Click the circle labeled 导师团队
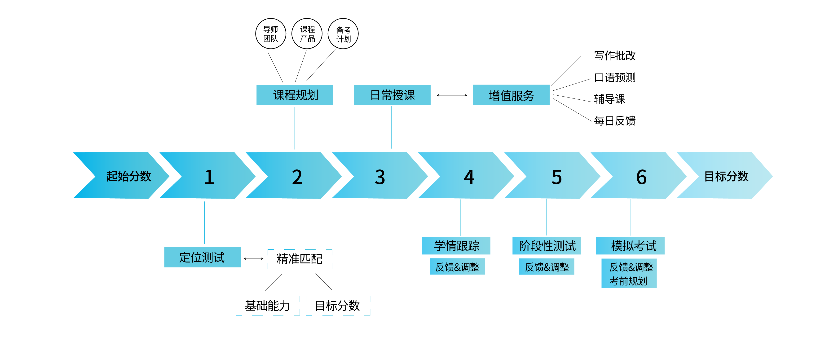(x=271, y=34)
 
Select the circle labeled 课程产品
(x=307, y=34)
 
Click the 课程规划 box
(x=295, y=95)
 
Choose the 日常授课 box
(x=392, y=95)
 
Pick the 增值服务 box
(x=511, y=95)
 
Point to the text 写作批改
(x=614, y=56)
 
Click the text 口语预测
(x=614, y=77)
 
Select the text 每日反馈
(x=614, y=121)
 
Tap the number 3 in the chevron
(x=380, y=177)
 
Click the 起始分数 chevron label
(x=128, y=176)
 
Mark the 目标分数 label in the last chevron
(x=726, y=176)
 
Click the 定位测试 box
(x=202, y=257)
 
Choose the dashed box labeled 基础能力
(x=267, y=306)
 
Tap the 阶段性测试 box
(x=547, y=246)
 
